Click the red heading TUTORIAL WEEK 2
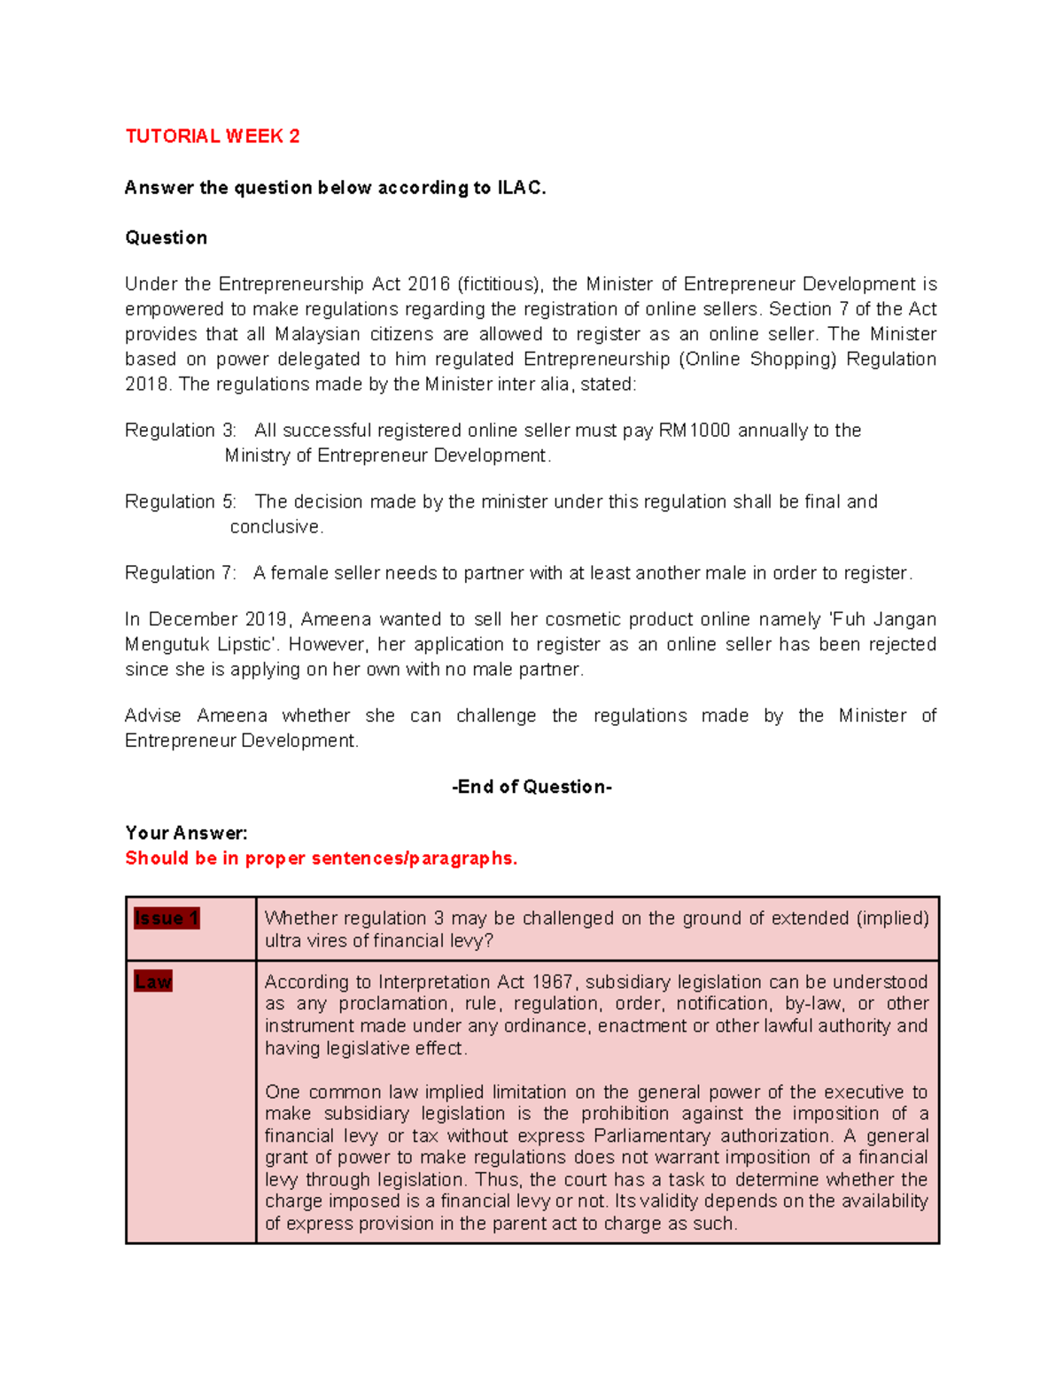coord(212,136)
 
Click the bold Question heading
coord(166,237)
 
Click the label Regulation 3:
coord(181,431)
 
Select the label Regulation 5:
coord(181,501)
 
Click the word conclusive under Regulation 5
coord(276,527)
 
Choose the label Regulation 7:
coord(181,573)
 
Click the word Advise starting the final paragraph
coord(153,716)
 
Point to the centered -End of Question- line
coord(531,787)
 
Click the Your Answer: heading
coord(186,833)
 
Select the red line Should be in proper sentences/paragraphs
coord(321,859)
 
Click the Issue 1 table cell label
coord(167,919)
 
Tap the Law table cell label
coord(153,982)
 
